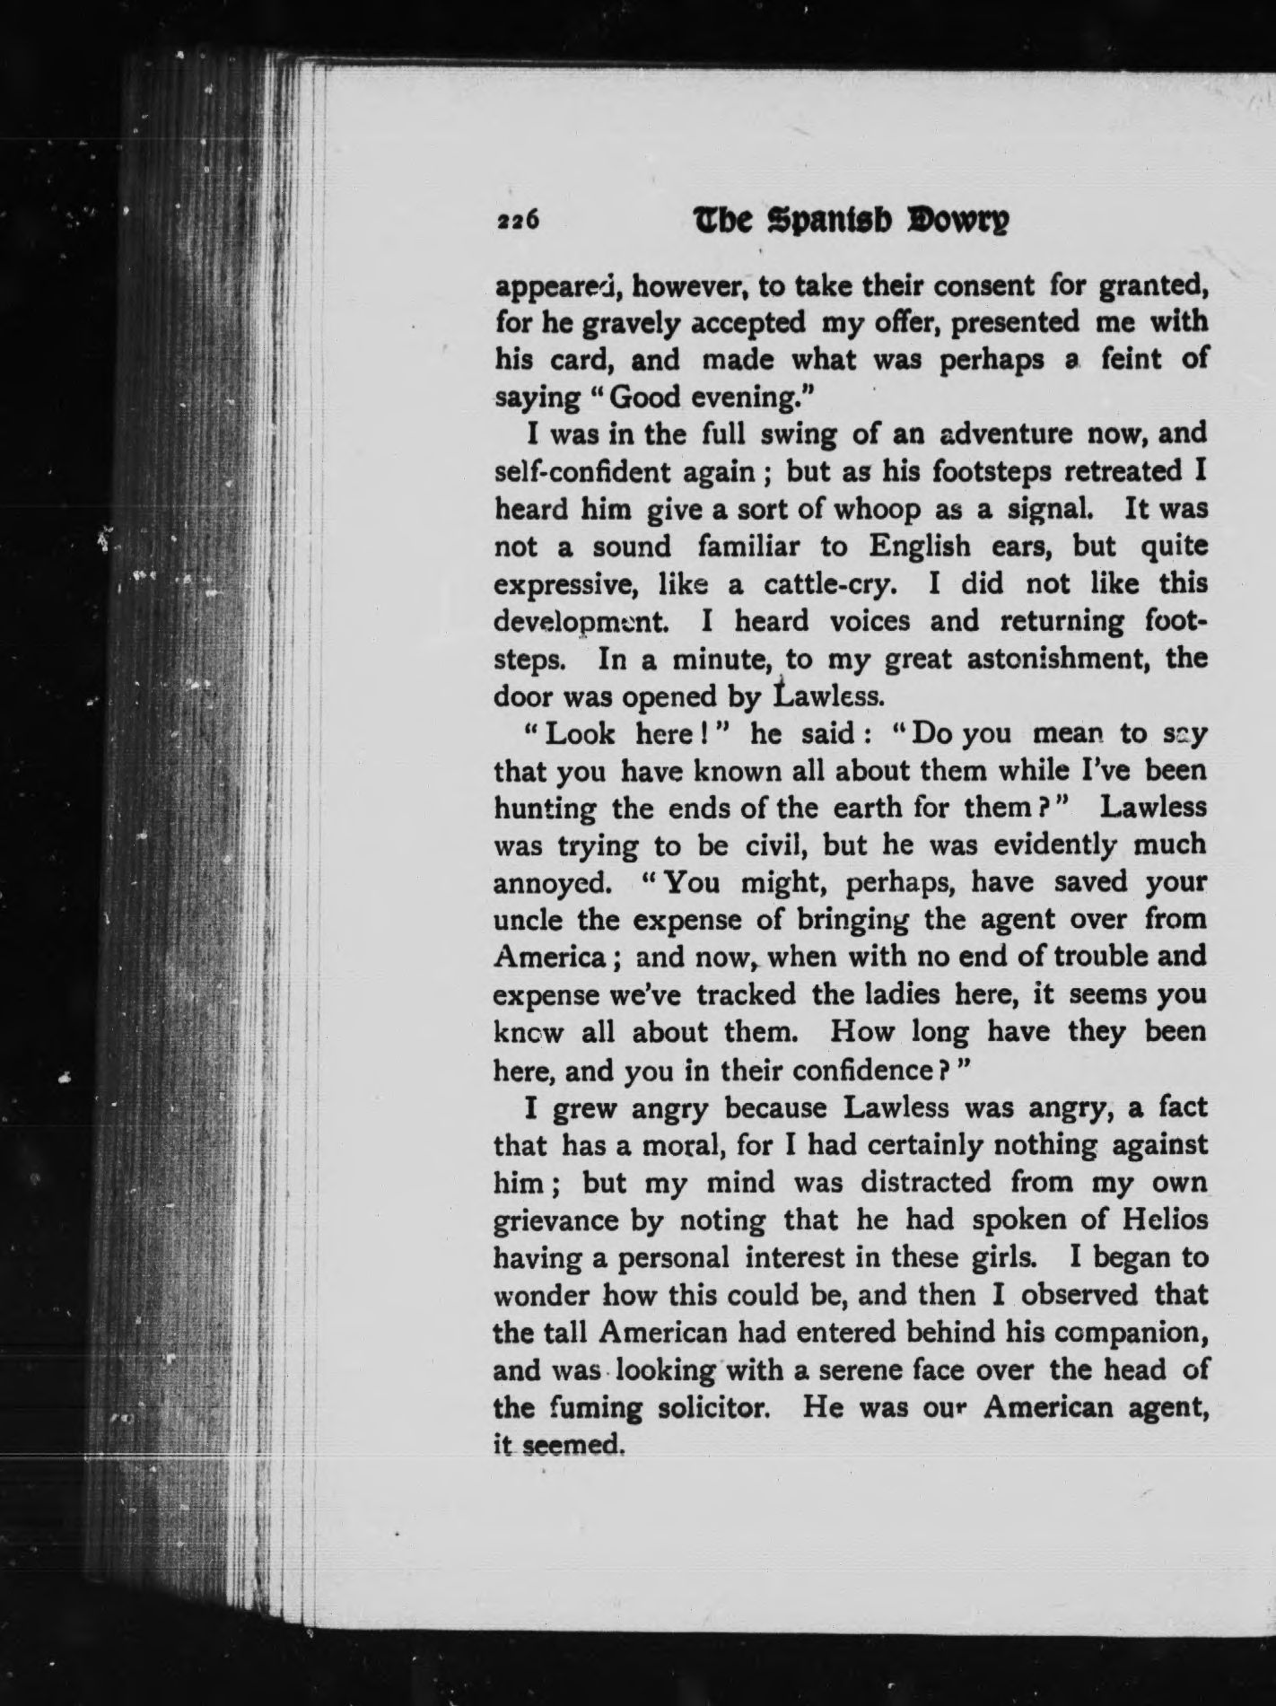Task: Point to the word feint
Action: (x=1125, y=360)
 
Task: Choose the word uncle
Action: (x=528, y=920)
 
